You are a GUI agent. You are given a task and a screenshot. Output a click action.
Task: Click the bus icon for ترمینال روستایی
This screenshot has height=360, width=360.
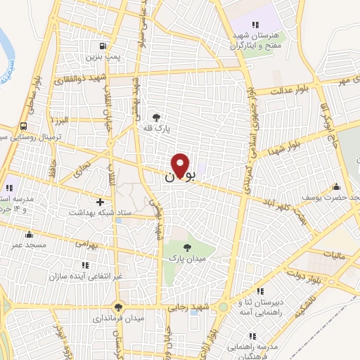coord(25,126)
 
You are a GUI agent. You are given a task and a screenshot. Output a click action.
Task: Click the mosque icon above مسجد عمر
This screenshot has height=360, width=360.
coord(29,234)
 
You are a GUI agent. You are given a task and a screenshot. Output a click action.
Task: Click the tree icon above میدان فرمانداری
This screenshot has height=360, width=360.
coord(118,307)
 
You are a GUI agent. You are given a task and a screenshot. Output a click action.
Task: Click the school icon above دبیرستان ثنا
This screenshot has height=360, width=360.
coord(260,291)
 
